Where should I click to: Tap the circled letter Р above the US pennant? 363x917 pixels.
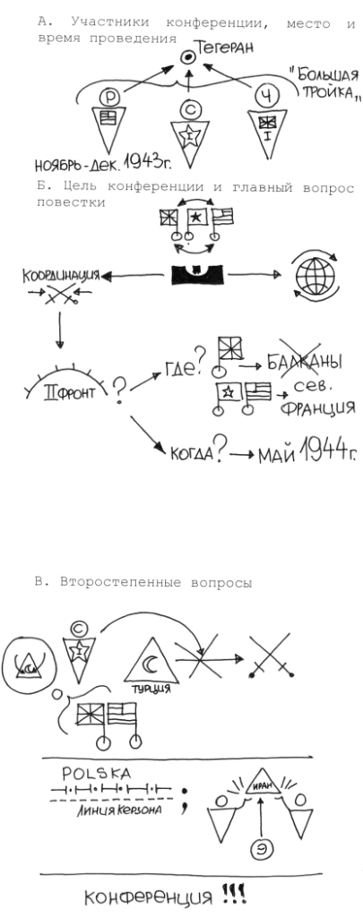[x=109, y=95]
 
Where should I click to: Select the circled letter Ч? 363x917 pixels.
[x=265, y=95]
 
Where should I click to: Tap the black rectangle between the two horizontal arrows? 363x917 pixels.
[x=196, y=274]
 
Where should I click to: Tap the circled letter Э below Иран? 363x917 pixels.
[x=261, y=852]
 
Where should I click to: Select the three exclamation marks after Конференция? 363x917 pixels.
[x=234, y=895]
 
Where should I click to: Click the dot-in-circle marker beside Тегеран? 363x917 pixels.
[x=188, y=57]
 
